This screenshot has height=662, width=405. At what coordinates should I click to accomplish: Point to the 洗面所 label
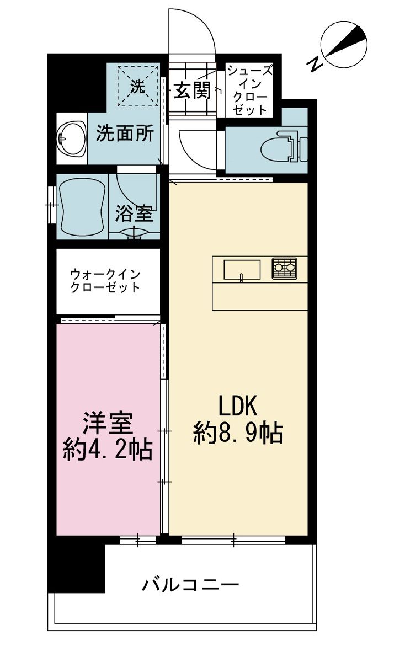[125, 134]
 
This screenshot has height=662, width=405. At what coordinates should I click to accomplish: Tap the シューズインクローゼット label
[249, 90]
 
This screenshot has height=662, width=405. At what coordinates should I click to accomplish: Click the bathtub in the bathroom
[82, 206]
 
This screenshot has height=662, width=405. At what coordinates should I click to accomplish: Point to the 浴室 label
[134, 213]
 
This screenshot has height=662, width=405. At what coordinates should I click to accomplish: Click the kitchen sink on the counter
[242, 270]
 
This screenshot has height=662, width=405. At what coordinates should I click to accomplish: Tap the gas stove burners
[284, 269]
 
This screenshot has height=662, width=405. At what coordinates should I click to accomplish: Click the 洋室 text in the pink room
[108, 424]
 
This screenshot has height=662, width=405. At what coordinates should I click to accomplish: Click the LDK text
[238, 407]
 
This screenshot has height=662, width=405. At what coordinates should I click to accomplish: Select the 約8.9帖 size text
[238, 434]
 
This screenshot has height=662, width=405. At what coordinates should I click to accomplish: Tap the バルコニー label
[190, 584]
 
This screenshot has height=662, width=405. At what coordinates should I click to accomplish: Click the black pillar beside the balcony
[76, 568]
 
